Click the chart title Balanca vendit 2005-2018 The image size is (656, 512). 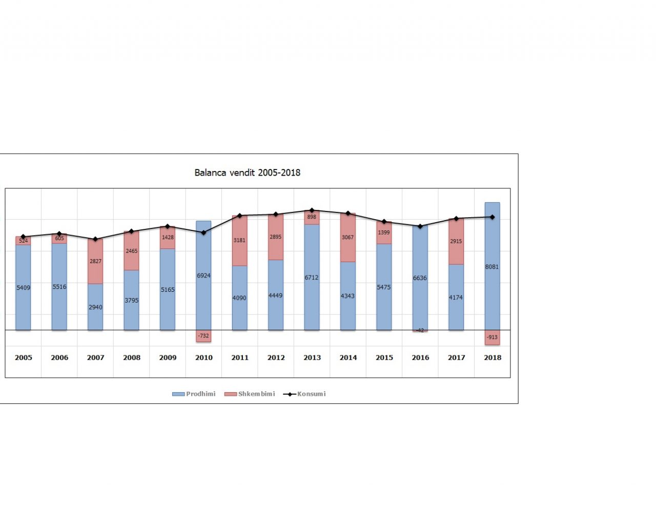(x=247, y=173)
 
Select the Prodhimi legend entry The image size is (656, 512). (x=194, y=394)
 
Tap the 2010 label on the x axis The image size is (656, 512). (x=203, y=357)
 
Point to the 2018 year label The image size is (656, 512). (x=493, y=357)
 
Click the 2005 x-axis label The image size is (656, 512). (x=23, y=357)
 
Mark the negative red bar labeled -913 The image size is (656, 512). (x=492, y=337)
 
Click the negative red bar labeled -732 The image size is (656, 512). (x=203, y=336)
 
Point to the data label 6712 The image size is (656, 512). (x=312, y=278)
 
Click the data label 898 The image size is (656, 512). (x=312, y=217)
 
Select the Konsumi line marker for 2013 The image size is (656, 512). (x=312, y=210)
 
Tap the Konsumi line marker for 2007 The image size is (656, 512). (x=95, y=239)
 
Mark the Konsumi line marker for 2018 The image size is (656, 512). (x=493, y=217)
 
